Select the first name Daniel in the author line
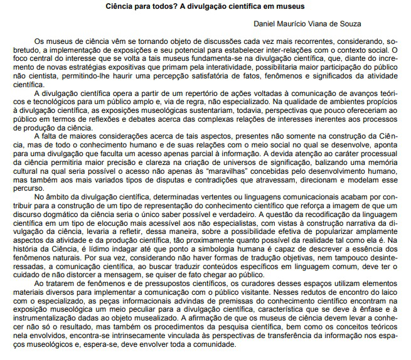pyautogui.click(x=266, y=24)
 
